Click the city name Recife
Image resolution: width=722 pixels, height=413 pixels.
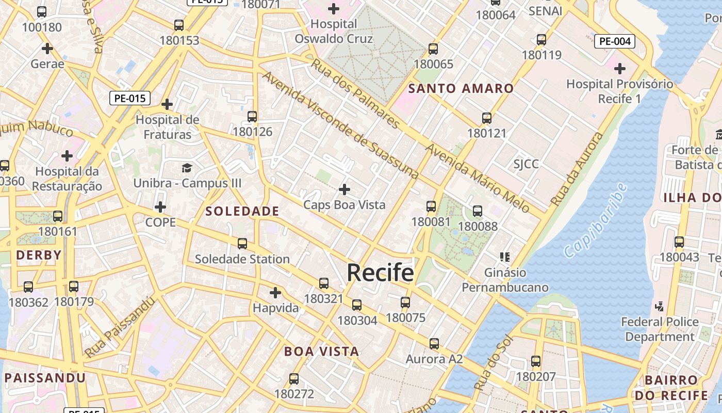tap(380, 273)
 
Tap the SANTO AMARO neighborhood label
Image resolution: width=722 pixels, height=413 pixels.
tap(461, 88)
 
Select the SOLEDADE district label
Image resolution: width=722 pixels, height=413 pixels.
tap(242, 211)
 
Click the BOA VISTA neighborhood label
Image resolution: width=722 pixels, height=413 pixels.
tap(321, 352)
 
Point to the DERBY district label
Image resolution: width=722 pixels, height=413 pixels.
tap(39, 255)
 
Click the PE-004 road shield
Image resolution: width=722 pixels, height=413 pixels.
tap(614, 41)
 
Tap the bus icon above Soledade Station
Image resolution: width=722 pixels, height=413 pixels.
tap(242, 244)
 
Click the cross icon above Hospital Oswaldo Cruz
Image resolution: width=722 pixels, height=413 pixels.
tap(334, 9)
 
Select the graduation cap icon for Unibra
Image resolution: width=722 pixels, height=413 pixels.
tap(187, 168)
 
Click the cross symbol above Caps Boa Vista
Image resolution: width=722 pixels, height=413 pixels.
tap(344, 189)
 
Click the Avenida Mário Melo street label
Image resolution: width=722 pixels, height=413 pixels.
tap(478, 179)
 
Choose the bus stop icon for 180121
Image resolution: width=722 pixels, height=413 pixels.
tap(487, 118)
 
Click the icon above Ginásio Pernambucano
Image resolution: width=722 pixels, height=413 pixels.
tap(505, 257)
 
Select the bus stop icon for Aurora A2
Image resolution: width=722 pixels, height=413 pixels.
tap(434, 344)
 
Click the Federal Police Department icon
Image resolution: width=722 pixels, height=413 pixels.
tap(659, 307)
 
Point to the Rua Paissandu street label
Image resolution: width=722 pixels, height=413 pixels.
tap(120, 327)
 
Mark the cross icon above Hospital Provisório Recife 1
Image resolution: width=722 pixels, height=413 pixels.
tap(619, 68)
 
